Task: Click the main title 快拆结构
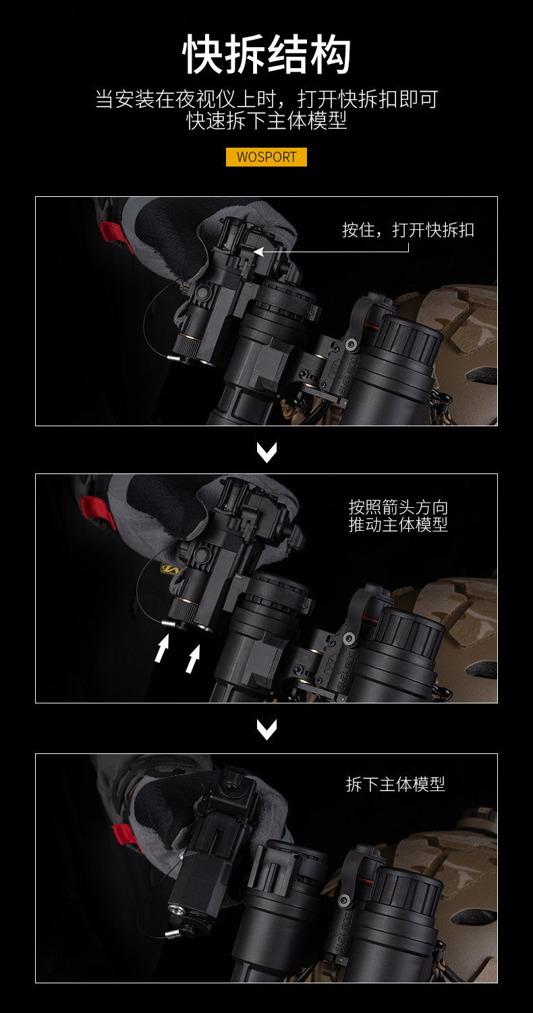click(266, 55)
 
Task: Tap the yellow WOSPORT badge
click(266, 157)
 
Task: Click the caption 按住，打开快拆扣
click(408, 230)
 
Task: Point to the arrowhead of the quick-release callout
click(258, 252)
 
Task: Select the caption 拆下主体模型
click(395, 784)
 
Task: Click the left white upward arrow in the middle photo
click(162, 648)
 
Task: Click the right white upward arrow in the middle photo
click(193, 658)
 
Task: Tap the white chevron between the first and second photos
click(266, 453)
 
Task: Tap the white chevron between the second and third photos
click(266, 730)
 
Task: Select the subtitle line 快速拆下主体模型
click(266, 121)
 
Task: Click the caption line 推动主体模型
click(398, 525)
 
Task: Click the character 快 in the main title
click(202, 55)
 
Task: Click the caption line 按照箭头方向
click(398, 507)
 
